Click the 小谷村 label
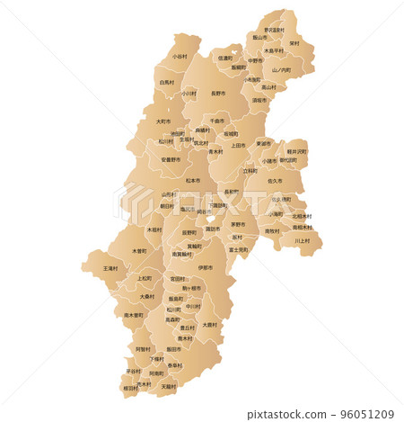tap(180, 56)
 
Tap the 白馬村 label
tap(167, 82)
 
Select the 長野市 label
tap(218, 93)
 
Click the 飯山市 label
tap(259, 38)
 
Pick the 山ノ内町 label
tap(282, 69)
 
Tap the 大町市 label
tap(163, 121)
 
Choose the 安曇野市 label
tap(170, 159)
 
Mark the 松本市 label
tap(193, 180)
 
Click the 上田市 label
tap(238, 145)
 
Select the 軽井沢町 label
tap(296, 151)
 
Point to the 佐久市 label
tap(275, 181)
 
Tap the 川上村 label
tap(303, 240)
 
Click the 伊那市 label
tap(206, 267)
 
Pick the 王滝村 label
tap(110, 268)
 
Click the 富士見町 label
tap(239, 249)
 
